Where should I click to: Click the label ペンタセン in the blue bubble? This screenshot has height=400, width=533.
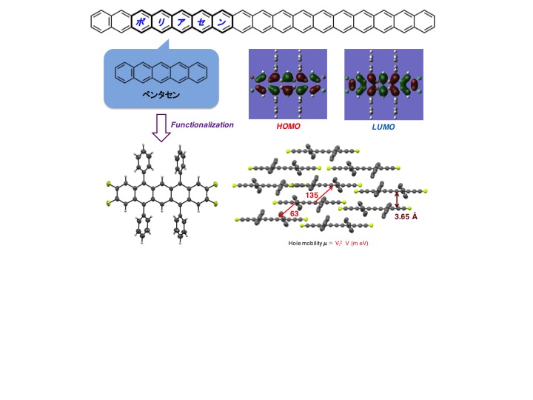pos(162,96)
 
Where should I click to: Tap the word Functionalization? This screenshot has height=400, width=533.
pos(202,125)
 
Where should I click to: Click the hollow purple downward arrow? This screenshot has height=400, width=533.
pos(160,130)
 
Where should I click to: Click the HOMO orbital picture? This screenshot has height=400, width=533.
pos(288,84)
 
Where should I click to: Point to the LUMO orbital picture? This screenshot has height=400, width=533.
pos(383,84)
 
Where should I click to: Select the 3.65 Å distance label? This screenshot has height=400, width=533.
pos(405,217)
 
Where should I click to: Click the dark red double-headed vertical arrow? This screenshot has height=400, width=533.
pos(398,199)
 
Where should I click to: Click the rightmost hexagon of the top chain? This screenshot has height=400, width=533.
pos(423,22)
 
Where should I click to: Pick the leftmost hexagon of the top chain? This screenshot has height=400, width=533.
pos(101,22)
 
